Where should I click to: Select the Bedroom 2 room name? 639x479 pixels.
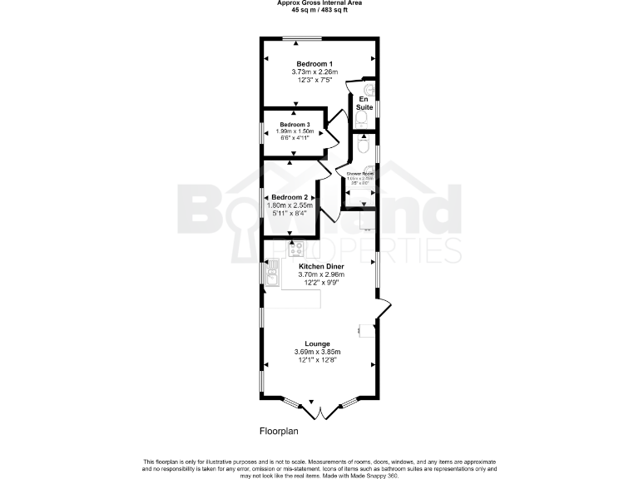coord(284,197)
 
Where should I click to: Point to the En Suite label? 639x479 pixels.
coord(364,103)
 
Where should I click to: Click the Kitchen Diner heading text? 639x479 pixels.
coord(321,267)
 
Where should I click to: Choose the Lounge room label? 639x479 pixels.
coord(318,343)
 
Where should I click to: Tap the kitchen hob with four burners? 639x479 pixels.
coord(295,248)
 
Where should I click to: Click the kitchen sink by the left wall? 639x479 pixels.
coord(272,273)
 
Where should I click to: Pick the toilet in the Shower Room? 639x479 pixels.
coord(362,146)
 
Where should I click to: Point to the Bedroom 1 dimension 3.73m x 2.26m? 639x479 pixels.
coord(315,72)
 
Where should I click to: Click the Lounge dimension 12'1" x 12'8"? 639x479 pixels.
coord(318,360)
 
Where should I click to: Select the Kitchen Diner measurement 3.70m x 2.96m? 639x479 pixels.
coord(321,275)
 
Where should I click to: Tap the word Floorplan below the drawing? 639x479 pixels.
coord(278,432)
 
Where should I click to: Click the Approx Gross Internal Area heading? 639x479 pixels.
coord(319,2)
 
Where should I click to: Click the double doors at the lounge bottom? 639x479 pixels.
coord(319,410)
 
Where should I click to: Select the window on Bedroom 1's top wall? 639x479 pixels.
coord(301,38)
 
